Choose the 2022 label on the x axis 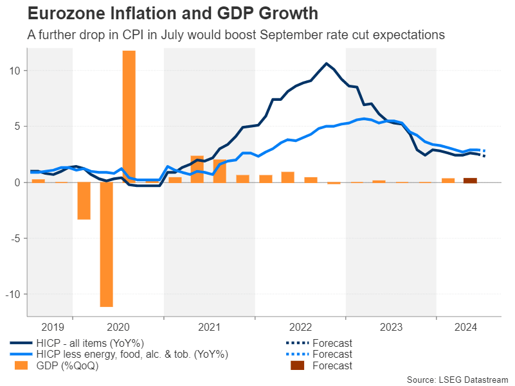[300, 328]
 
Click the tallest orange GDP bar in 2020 [129, 116]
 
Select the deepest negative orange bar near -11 [106, 244]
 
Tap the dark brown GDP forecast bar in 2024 [470, 180]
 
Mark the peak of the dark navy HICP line [326, 64]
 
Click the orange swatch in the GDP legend [21, 365]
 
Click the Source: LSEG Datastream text [457, 380]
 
